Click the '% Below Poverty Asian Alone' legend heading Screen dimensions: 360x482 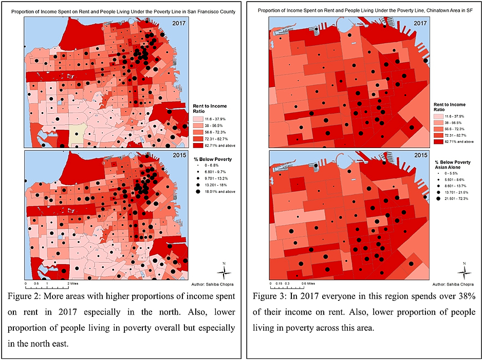(450, 165)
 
